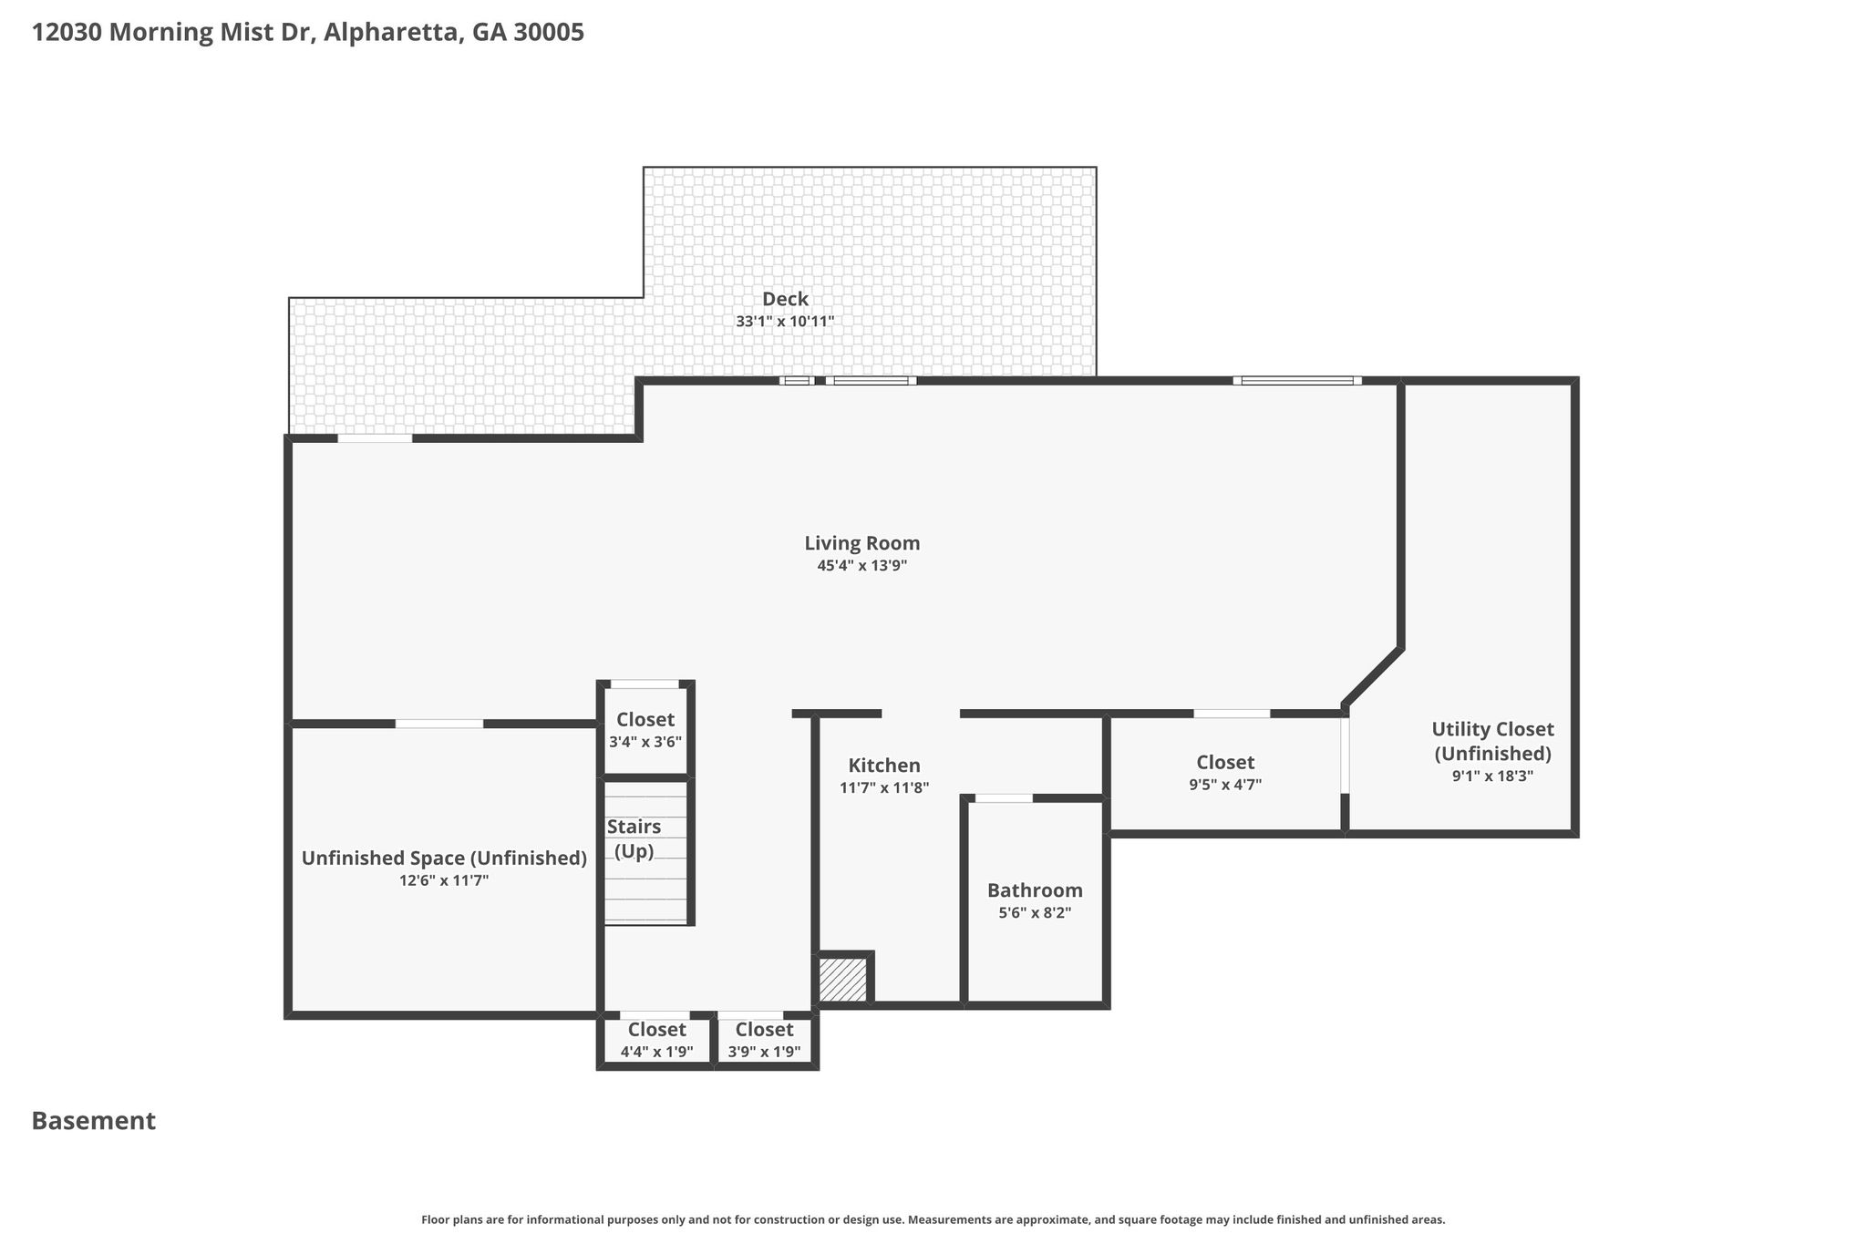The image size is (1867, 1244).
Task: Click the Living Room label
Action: pyautogui.click(x=861, y=543)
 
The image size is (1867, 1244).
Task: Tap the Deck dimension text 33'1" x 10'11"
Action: pyautogui.click(x=785, y=322)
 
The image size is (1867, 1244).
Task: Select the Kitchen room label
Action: pyautogui.click(x=884, y=766)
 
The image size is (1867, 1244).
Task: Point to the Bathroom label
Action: pyautogui.click(x=1035, y=890)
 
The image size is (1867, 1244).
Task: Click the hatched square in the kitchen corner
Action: pyautogui.click(x=842, y=980)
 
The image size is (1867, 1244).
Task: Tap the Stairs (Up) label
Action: pyautogui.click(x=634, y=838)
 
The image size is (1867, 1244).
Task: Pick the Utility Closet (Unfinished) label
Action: pyautogui.click(x=1492, y=741)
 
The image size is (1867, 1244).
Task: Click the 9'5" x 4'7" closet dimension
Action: pyautogui.click(x=1225, y=785)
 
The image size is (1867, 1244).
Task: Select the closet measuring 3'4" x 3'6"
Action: pyautogui.click(x=645, y=729)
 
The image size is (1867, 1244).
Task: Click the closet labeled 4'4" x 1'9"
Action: pyautogui.click(x=656, y=1039)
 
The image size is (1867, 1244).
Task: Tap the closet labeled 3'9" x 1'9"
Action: pyautogui.click(x=764, y=1039)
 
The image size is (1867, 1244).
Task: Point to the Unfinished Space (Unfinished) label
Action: pyautogui.click(x=444, y=858)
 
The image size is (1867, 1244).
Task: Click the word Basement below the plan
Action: pyautogui.click(x=94, y=1121)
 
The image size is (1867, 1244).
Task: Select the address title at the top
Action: pyautogui.click(x=308, y=33)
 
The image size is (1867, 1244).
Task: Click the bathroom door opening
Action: pyautogui.click(x=1004, y=798)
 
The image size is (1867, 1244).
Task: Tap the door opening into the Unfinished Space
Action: pyautogui.click(x=439, y=724)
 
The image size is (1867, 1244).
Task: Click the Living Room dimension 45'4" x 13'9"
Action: pyautogui.click(x=861, y=566)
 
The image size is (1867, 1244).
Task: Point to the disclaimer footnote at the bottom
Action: pyautogui.click(x=933, y=1219)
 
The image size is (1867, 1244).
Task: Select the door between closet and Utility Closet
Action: pyautogui.click(x=1345, y=756)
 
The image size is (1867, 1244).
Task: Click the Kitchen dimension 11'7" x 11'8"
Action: pyautogui.click(x=884, y=788)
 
